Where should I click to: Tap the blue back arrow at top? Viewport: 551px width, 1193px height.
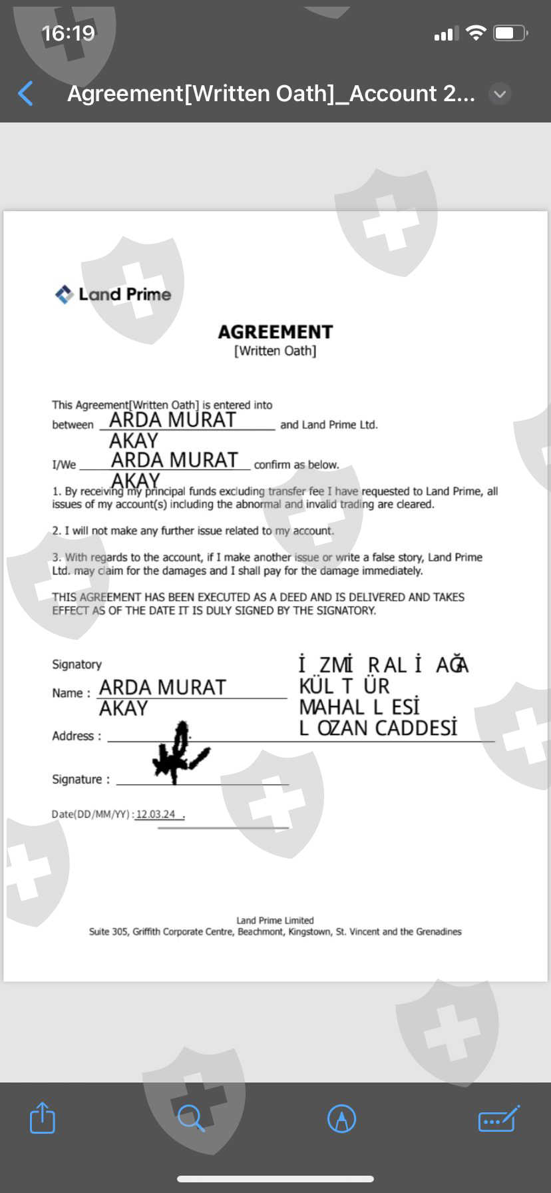26,93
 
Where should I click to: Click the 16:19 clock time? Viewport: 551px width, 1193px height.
68,33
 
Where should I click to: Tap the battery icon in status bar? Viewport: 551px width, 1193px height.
510,33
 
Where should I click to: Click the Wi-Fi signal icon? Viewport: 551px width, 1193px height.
476,33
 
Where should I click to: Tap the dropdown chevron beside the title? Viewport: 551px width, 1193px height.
500,94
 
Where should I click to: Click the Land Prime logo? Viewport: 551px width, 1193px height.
113,294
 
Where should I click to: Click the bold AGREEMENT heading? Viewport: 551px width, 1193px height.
275,332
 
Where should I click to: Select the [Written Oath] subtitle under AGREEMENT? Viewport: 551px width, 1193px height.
275,351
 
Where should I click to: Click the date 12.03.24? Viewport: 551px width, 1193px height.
156,814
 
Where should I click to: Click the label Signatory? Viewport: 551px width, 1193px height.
77,664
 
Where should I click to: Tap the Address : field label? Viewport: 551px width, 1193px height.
77,736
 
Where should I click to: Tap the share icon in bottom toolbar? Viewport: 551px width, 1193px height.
43,1118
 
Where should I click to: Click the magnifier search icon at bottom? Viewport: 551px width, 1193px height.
191,1118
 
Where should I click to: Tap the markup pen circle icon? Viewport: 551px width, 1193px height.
342,1118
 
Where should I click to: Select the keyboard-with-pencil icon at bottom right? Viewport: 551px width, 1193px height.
498,1118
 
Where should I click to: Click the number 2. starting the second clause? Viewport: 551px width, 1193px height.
57,531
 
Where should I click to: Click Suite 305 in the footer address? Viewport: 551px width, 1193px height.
108,931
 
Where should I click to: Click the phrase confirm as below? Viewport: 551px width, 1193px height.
296,465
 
